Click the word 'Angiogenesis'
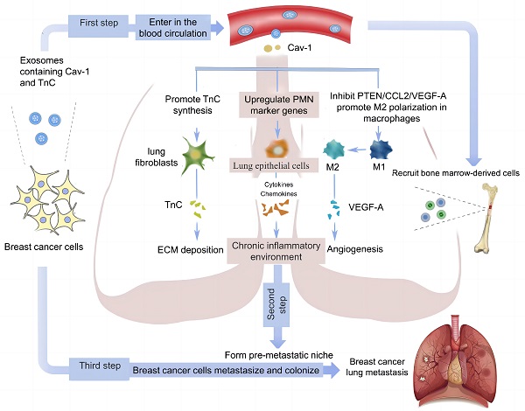tap(356, 249)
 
